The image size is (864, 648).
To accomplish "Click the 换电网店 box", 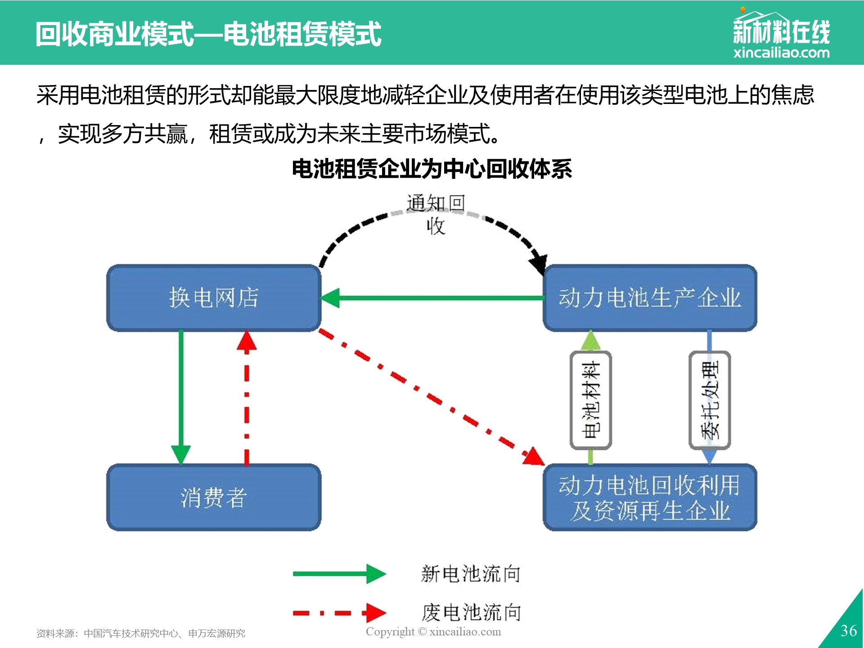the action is point(214,298).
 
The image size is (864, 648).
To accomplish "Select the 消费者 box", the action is point(214,497).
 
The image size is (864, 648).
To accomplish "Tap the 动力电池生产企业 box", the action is point(650,298).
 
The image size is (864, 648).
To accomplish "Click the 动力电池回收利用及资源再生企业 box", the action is point(650,497).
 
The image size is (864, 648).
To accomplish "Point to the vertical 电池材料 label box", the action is point(591,400).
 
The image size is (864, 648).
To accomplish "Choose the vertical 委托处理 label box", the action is point(710,400).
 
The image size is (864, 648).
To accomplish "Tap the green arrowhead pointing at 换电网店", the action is point(330,298).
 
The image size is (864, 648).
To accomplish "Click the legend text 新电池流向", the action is point(471,574).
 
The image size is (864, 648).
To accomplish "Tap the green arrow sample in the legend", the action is point(340,574).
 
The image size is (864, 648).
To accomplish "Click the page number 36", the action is point(849,631).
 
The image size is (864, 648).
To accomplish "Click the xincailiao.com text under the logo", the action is point(782,53).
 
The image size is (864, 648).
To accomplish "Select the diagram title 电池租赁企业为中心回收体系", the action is point(432,169).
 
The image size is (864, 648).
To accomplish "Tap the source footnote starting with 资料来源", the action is point(141,634).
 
